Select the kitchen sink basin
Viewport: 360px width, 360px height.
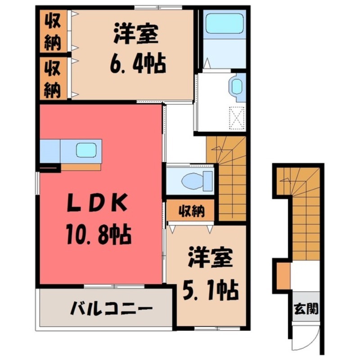click(x=85, y=150)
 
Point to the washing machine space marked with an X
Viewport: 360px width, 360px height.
click(x=236, y=118)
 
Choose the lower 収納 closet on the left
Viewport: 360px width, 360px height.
click(x=53, y=79)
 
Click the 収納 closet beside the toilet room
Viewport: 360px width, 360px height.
click(x=192, y=211)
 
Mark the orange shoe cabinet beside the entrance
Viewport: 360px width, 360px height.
click(x=283, y=276)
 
